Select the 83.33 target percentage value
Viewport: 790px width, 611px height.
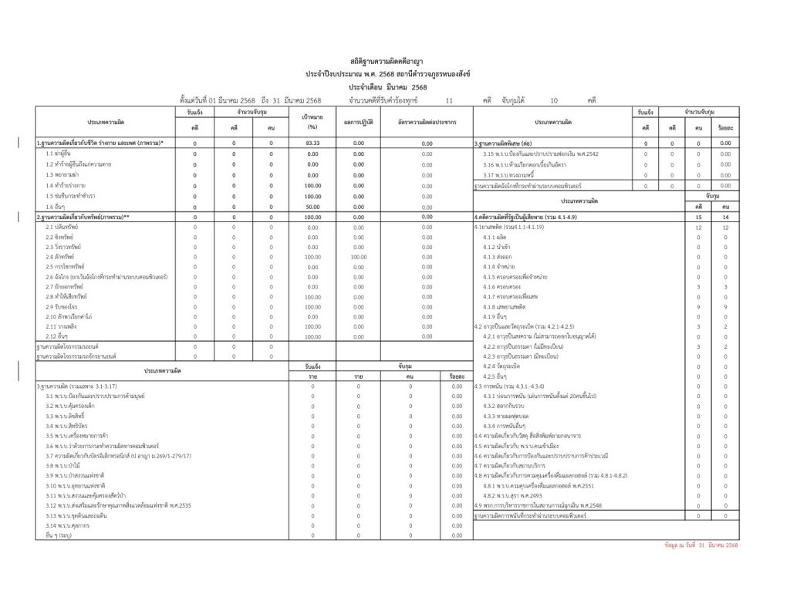click(312, 143)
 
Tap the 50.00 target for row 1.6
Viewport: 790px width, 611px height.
click(312, 208)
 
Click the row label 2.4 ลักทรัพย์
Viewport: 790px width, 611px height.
click(61, 256)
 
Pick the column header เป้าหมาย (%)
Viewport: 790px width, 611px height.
click(312, 122)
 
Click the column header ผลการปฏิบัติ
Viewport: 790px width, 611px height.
click(358, 122)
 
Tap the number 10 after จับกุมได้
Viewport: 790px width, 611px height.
click(553, 100)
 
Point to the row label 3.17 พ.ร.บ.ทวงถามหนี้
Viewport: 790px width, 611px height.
click(513, 175)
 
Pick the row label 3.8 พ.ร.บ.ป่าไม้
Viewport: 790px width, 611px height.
click(61, 465)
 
